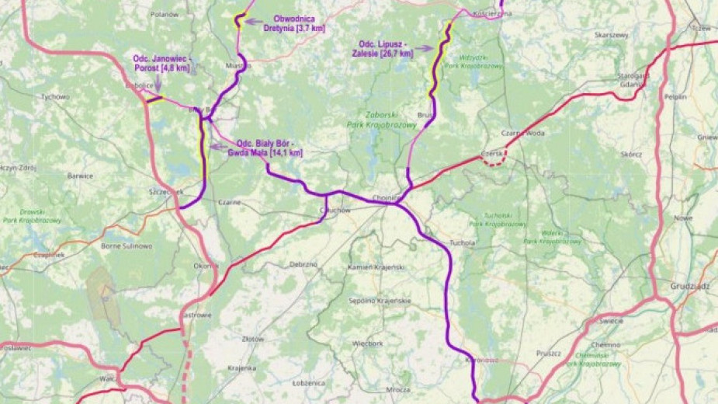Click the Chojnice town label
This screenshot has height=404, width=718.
pos(385,197)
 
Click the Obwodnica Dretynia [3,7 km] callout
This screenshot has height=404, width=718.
pos(294,23)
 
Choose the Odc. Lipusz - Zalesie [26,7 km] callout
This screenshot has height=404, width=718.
pos(385,48)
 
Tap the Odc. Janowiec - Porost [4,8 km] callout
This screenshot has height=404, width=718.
pos(161,63)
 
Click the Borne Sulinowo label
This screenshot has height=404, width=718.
pos(127,246)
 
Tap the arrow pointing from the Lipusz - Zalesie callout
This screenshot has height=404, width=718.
pos(423,48)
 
